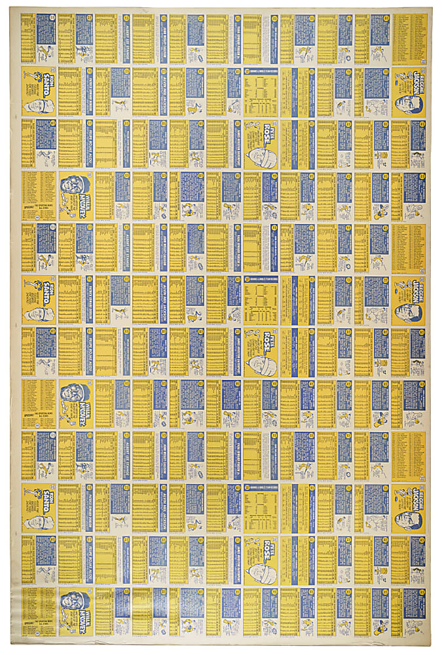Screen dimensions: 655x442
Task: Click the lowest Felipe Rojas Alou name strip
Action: click(x=90, y=560)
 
